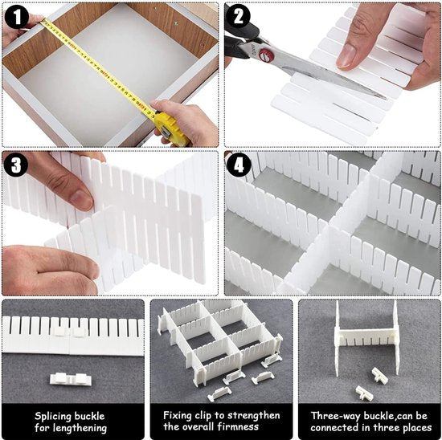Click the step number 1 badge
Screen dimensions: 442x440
(17, 17)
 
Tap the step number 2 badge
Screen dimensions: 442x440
(238, 17)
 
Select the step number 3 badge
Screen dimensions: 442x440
(16, 165)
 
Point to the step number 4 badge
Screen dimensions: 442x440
(239, 165)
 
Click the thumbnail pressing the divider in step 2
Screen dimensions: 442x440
(347, 55)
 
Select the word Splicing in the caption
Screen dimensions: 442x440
(53, 417)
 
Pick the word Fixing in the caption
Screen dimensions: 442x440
(178, 415)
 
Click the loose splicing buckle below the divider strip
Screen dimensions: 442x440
(71, 379)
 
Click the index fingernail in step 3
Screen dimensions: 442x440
(82, 200)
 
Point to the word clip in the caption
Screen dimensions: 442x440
(203, 416)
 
